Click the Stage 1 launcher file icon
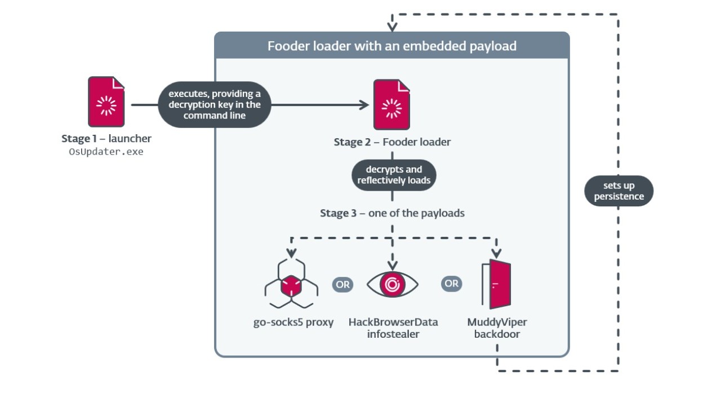click(106, 102)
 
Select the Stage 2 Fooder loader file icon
click(391, 105)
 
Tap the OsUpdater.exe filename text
click(106, 152)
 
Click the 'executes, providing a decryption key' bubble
click(215, 105)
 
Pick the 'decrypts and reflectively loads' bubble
click(394, 175)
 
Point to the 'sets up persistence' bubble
click(618, 191)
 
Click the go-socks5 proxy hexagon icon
click(291, 284)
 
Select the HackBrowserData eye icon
click(392, 284)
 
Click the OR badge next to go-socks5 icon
click(342, 284)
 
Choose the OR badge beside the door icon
click(451, 284)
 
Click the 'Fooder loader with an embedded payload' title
click(392, 46)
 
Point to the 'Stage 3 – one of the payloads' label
click(392, 213)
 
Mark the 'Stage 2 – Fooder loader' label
click(392, 142)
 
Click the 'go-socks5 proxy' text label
click(293, 323)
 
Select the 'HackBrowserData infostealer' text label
click(393, 328)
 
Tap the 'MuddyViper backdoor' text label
click(497, 328)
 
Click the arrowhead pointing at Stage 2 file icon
click(363, 105)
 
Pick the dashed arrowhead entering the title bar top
click(392, 27)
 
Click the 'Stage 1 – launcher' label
click(106, 139)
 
